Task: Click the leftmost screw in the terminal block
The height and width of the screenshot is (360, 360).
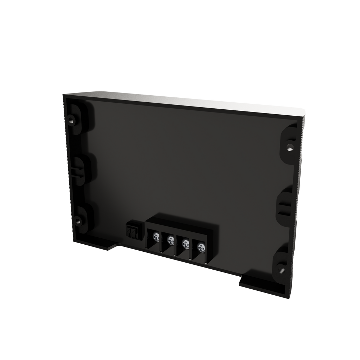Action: (x=155, y=236)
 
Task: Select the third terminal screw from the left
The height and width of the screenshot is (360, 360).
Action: (x=185, y=243)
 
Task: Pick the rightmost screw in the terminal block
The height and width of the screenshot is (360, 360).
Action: (x=201, y=247)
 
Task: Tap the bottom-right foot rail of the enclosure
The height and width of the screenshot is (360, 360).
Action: (x=264, y=287)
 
